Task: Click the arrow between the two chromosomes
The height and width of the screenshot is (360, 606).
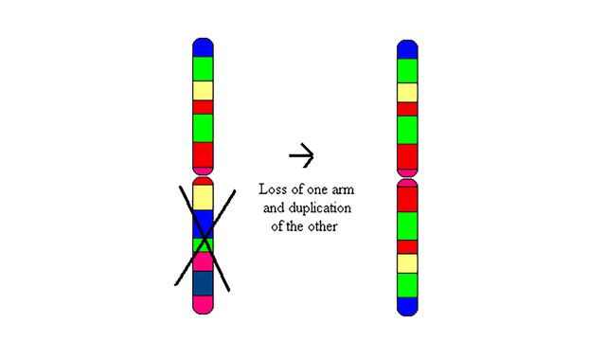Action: tap(301, 155)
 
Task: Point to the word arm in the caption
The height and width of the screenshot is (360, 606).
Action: tap(342, 190)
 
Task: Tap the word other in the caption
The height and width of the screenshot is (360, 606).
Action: tap(323, 226)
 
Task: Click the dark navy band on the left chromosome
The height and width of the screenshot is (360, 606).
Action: tap(203, 283)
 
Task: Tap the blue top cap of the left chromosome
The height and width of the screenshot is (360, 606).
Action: tap(203, 47)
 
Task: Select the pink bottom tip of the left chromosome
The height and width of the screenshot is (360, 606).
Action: tap(203, 305)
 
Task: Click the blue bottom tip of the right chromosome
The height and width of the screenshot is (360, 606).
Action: tap(407, 307)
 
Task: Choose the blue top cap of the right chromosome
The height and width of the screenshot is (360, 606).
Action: tap(407, 49)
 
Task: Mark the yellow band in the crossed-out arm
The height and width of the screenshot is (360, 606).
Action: tap(203, 198)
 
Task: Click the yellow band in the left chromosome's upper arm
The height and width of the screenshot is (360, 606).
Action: tap(203, 91)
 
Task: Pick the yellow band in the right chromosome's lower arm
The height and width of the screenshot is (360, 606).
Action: tap(407, 263)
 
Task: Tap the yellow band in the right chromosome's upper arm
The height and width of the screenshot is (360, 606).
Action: tap(407, 93)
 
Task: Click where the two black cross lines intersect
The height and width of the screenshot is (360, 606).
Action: tap(205, 236)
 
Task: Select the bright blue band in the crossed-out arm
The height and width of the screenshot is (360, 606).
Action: tap(203, 225)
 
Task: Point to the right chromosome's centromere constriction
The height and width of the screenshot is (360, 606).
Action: tap(407, 178)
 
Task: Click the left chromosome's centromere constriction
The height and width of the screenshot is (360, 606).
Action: tap(203, 176)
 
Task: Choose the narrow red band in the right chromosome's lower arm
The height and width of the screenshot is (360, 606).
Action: tap(407, 246)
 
